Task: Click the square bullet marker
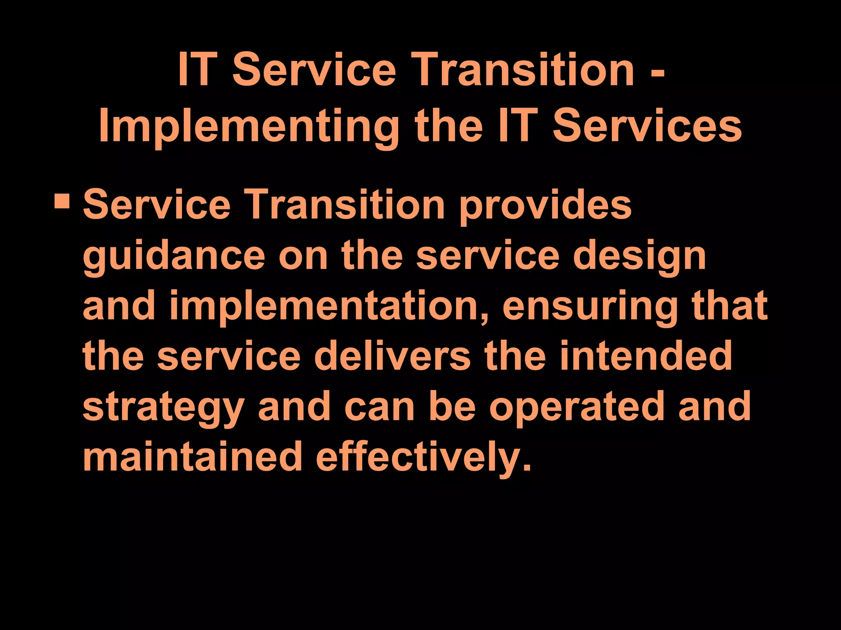click(62, 201)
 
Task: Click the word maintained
click(193, 456)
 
